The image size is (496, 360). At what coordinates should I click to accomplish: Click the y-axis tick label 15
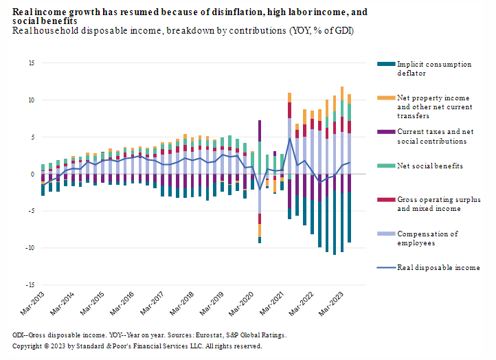point(31,63)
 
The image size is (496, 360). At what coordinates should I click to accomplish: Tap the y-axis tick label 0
point(32,175)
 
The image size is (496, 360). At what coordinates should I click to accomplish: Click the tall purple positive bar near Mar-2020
point(260,131)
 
